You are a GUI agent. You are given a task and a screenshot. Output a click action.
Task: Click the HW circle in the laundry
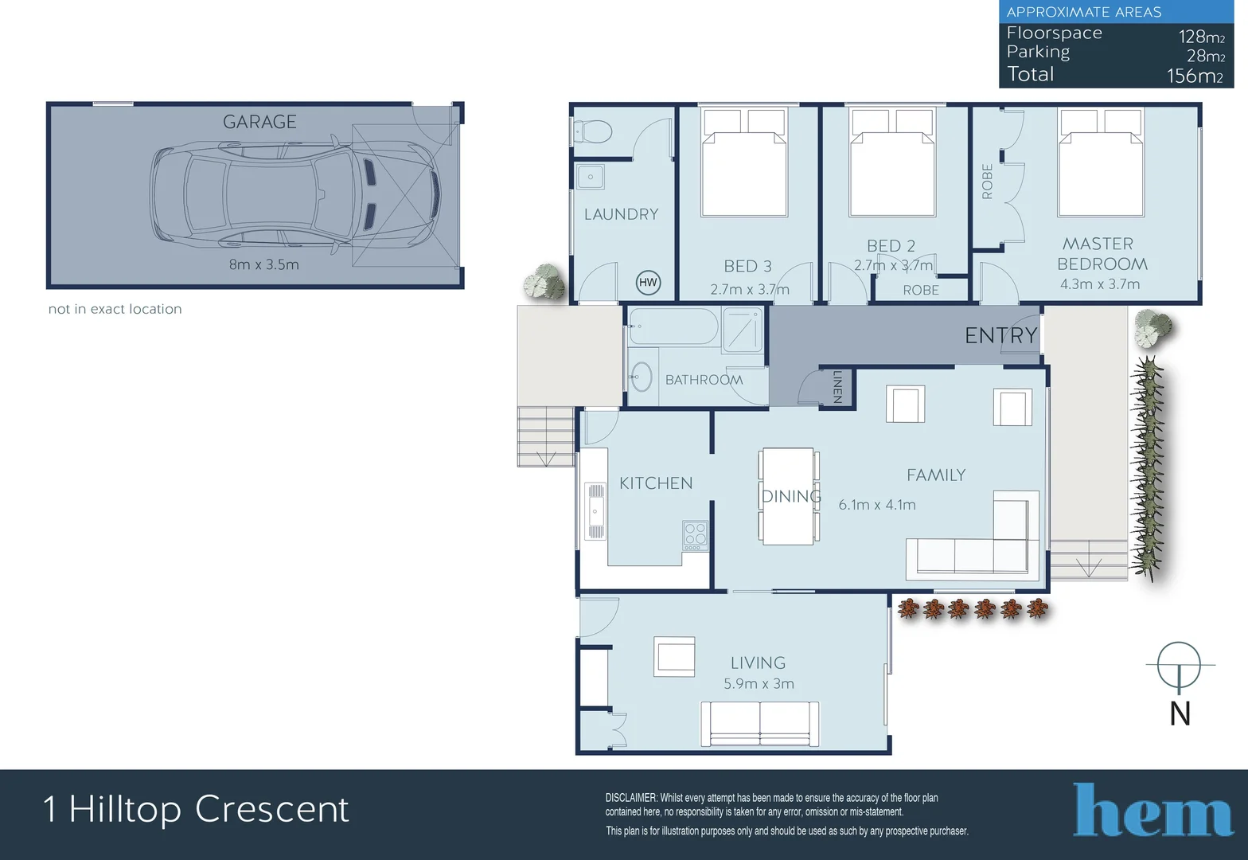point(648,283)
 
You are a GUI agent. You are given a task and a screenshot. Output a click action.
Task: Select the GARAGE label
point(259,122)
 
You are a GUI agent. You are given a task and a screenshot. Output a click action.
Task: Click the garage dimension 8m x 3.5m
point(264,264)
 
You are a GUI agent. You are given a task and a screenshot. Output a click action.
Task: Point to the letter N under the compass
point(1180,713)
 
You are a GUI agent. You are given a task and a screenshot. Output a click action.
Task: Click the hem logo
point(1152,810)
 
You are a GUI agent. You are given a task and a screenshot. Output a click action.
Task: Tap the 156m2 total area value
point(1195,76)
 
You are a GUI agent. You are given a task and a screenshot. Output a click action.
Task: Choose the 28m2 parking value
point(1206,56)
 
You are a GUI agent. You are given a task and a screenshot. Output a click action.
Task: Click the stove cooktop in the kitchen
point(695,536)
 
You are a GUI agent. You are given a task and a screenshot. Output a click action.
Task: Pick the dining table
point(788,496)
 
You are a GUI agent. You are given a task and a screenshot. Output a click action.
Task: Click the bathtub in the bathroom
point(673,326)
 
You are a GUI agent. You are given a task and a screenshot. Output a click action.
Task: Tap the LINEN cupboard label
point(837,387)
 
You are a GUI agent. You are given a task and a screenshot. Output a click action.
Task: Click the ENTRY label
point(1001,335)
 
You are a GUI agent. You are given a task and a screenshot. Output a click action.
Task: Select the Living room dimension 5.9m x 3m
point(759,683)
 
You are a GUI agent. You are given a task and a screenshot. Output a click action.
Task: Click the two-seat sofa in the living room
point(760,724)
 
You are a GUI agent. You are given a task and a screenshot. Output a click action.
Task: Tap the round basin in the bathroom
point(642,377)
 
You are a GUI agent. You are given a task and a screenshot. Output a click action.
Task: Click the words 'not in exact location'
point(115,309)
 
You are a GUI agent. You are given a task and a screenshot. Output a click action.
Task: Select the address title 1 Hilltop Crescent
point(196,809)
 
